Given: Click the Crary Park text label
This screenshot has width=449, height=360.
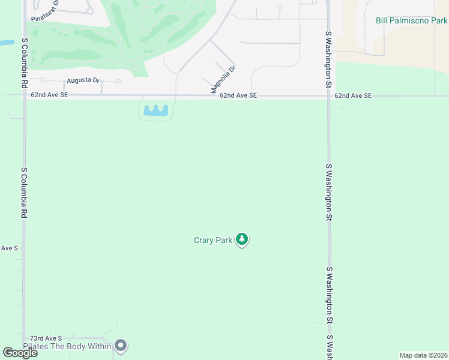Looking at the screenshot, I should pyautogui.click(x=212, y=240).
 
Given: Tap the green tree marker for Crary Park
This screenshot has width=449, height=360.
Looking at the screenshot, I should pyautogui.click(x=242, y=239).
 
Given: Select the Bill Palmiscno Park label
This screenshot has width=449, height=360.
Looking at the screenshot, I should pyautogui.click(x=411, y=20).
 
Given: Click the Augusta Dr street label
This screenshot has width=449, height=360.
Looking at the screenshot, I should pyautogui.click(x=83, y=80).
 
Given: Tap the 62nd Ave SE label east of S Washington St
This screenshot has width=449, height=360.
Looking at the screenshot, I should pyautogui.click(x=353, y=95).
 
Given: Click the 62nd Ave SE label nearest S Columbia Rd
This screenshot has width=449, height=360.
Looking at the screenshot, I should pyautogui.click(x=50, y=95).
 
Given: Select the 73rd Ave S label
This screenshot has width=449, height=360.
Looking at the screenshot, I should pyautogui.click(x=46, y=339).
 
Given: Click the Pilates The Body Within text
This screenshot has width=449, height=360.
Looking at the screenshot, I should pyautogui.click(x=67, y=346).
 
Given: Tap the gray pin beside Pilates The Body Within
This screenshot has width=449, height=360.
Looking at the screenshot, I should pyautogui.click(x=121, y=345).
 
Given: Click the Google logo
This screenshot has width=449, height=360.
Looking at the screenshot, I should pyautogui.click(x=20, y=353).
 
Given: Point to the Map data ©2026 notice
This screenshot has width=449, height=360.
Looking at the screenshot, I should pyautogui.click(x=423, y=355).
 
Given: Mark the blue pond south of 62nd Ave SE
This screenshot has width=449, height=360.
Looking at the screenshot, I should pyautogui.click(x=156, y=110).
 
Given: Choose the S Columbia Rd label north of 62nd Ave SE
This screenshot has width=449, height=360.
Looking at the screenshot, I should pyautogui.click(x=25, y=63).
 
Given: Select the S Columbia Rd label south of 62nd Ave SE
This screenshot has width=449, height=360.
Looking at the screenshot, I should pyautogui.click(x=25, y=192).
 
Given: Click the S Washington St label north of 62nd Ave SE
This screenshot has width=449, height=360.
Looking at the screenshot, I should pyautogui.click(x=328, y=60).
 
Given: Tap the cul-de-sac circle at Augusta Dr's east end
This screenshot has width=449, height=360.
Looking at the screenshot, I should pyautogui.click(x=119, y=81).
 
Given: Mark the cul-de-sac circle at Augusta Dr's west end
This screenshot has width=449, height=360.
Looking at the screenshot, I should pyautogui.click(x=43, y=80).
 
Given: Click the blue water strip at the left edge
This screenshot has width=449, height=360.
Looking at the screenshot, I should pyautogui.click(x=6, y=43).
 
